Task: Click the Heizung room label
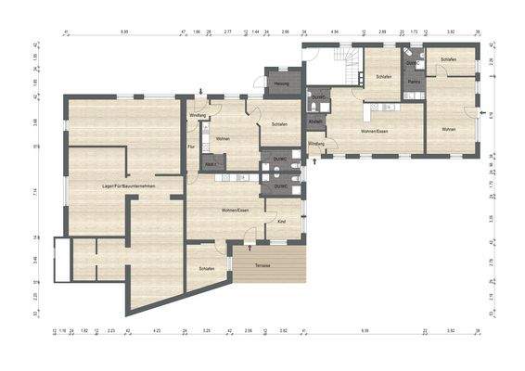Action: tap(282, 84)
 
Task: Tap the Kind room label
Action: tap(282, 223)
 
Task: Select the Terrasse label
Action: tap(262, 265)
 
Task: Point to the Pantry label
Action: tap(415, 82)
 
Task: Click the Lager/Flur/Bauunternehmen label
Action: tap(129, 188)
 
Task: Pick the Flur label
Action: tap(191, 147)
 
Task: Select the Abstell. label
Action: tap(315, 122)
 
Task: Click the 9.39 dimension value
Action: tap(365, 329)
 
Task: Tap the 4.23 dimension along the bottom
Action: tap(157, 329)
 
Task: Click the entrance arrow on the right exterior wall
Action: tap(481, 113)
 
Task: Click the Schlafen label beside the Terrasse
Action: tap(207, 269)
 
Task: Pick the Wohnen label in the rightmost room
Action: tap(449, 129)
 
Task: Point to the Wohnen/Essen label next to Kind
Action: tap(235, 211)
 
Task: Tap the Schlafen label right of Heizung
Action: tap(279, 124)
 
